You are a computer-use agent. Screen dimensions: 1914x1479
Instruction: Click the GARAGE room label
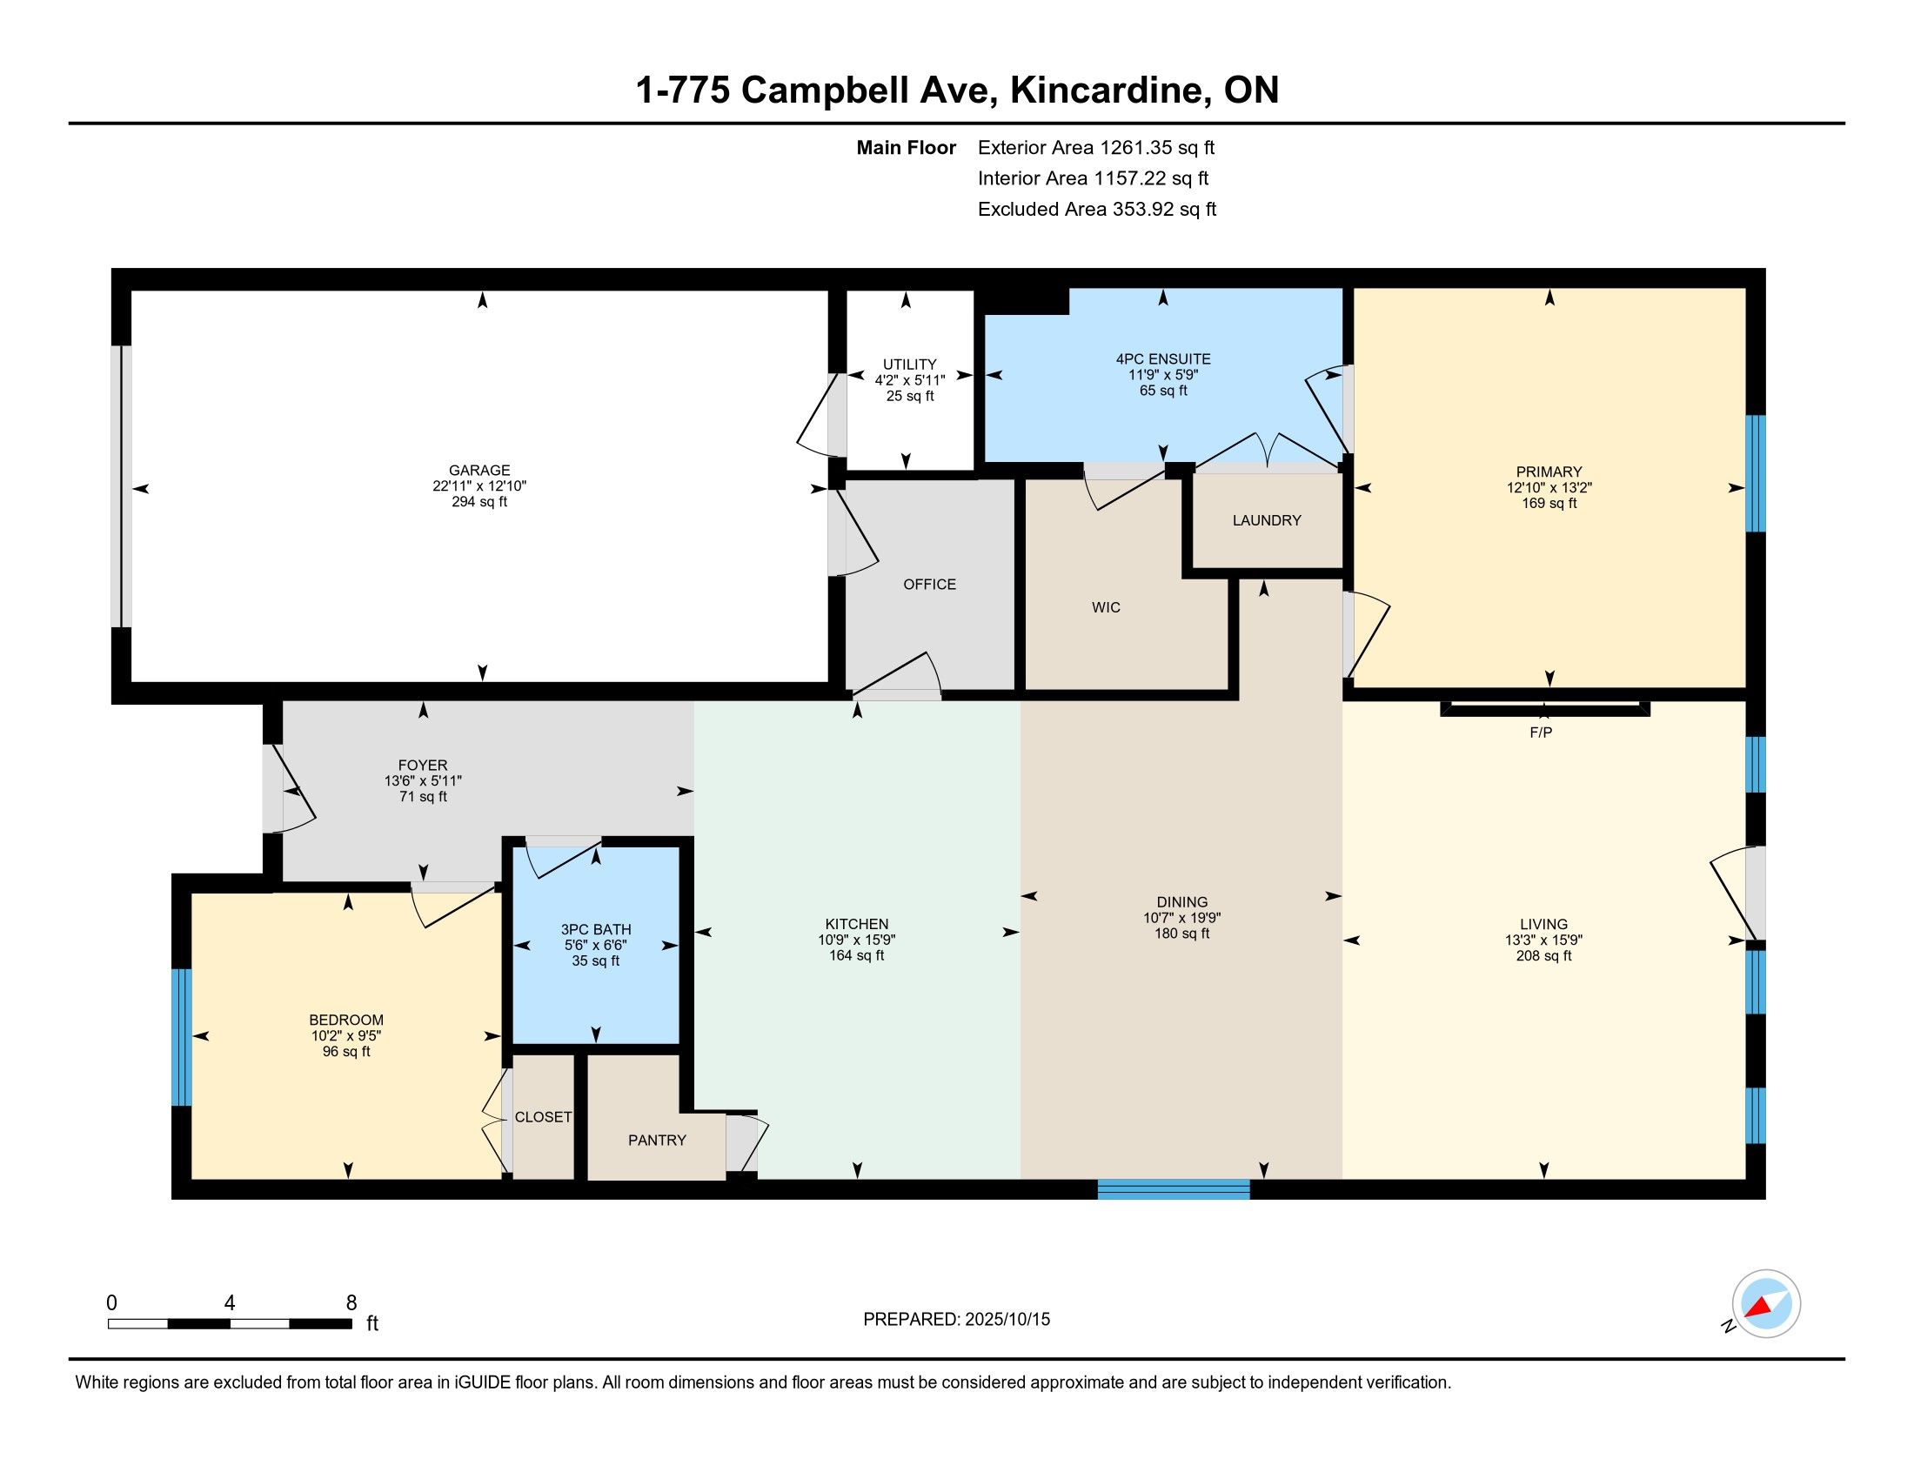click(478, 471)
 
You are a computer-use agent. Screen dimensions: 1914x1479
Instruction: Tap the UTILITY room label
click(910, 365)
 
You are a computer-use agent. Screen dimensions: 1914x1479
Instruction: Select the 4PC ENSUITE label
click(1163, 359)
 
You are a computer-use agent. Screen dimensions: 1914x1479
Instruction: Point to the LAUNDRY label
click(1267, 520)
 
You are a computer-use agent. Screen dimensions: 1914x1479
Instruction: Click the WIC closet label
click(1106, 607)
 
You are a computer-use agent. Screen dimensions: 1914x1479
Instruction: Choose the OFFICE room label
click(930, 585)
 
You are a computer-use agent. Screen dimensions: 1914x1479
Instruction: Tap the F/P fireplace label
click(1541, 733)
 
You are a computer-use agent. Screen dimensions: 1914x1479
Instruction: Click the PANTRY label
click(657, 1140)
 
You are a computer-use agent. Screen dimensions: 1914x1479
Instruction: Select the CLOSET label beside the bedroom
click(544, 1117)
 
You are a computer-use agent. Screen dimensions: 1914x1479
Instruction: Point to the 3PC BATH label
click(596, 930)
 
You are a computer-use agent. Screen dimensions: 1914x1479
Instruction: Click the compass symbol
click(1766, 1304)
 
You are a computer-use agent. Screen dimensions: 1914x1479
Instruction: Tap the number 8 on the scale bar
click(351, 1303)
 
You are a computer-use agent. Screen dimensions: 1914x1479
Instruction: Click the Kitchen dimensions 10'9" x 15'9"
click(856, 940)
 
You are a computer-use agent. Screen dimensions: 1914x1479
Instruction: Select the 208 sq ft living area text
click(1543, 956)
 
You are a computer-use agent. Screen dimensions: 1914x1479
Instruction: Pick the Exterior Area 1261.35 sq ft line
click(1096, 148)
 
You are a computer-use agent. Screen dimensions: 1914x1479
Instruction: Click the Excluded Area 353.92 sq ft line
click(1097, 210)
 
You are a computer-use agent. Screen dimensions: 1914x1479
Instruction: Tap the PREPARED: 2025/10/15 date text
click(956, 1320)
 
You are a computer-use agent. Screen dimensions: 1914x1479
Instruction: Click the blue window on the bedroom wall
click(182, 1037)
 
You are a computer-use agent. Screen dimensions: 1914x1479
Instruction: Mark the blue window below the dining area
click(1174, 1189)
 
